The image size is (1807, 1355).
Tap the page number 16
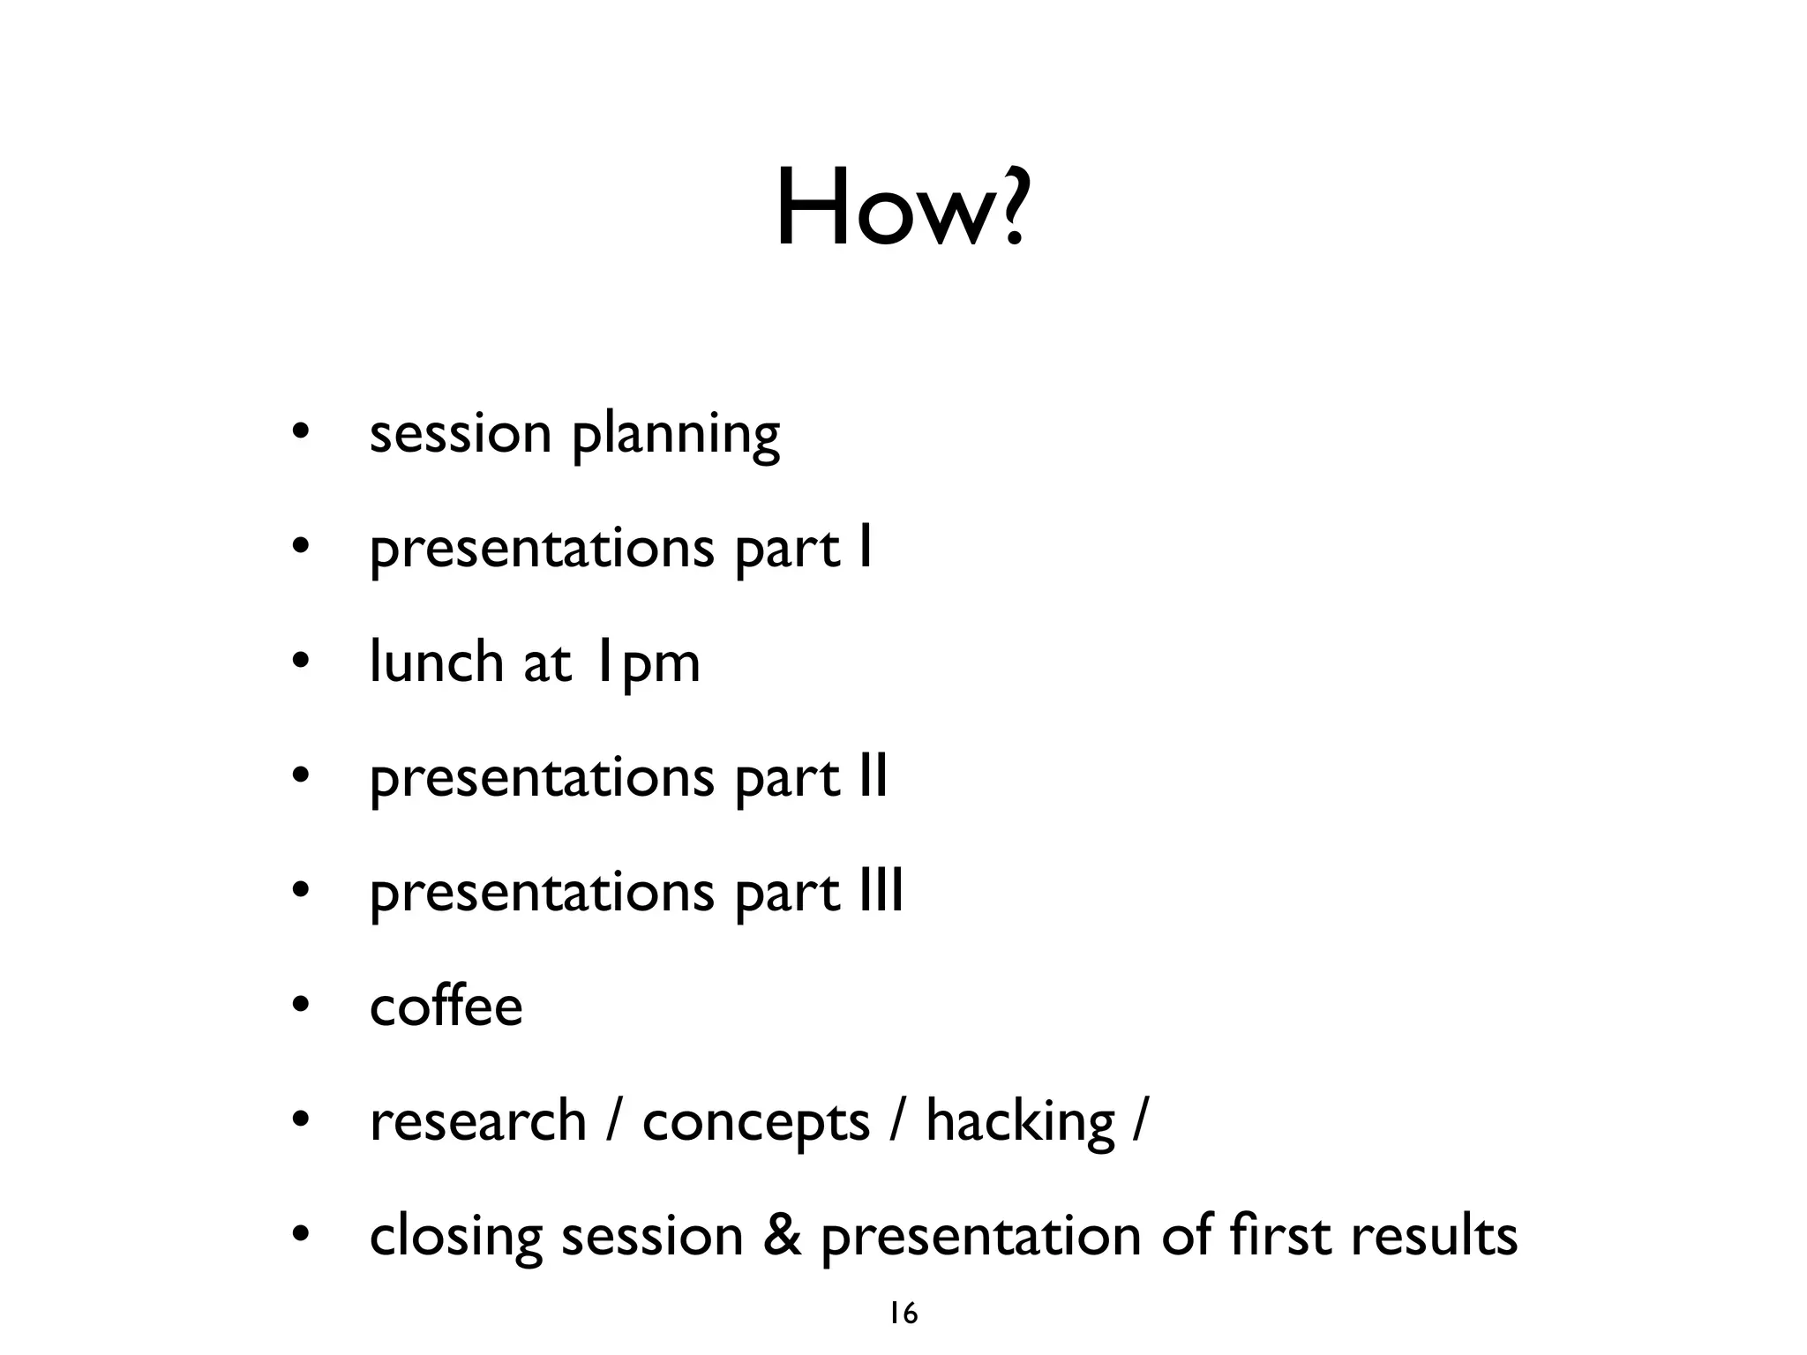tap(903, 1314)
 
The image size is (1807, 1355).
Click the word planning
tap(676, 436)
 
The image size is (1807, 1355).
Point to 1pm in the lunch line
tap(646, 663)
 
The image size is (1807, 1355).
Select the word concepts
tap(756, 1124)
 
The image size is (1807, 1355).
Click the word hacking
tap(1020, 1122)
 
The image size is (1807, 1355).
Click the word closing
tap(455, 1237)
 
